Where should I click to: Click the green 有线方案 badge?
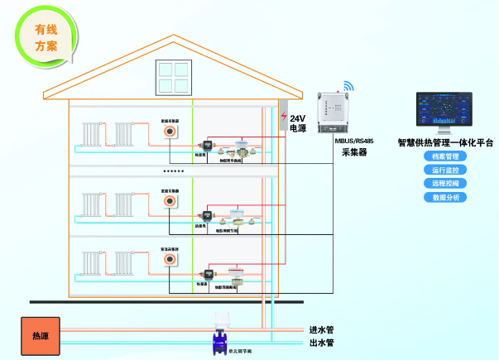click(x=46, y=37)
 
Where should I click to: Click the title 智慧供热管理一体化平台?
click(x=445, y=142)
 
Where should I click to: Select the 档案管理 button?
click(x=445, y=156)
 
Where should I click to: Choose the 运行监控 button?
click(x=445, y=170)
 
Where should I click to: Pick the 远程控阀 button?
click(x=445, y=183)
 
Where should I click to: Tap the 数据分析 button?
click(x=445, y=197)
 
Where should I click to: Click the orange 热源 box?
click(x=40, y=336)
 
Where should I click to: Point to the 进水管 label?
click(x=321, y=329)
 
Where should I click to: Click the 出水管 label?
click(x=321, y=343)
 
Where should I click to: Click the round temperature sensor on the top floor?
click(x=169, y=131)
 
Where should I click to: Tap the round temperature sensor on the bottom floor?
click(x=169, y=260)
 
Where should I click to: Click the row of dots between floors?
click(x=174, y=171)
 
